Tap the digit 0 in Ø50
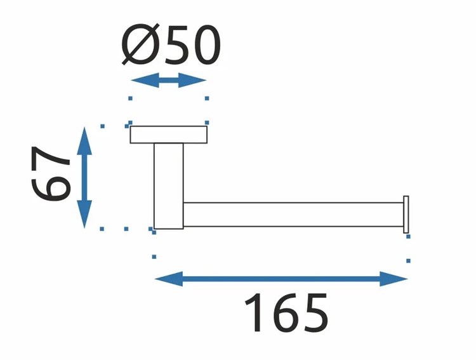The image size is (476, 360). pyautogui.click(x=204, y=46)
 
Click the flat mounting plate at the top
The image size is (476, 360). pyautogui.click(x=169, y=135)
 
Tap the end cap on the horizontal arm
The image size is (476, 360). pyautogui.click(x=406, y=213)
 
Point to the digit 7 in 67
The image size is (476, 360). pyautogui.click(x=51, y=157)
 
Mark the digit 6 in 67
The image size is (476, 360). pyautogui.click(x=51, y=189)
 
